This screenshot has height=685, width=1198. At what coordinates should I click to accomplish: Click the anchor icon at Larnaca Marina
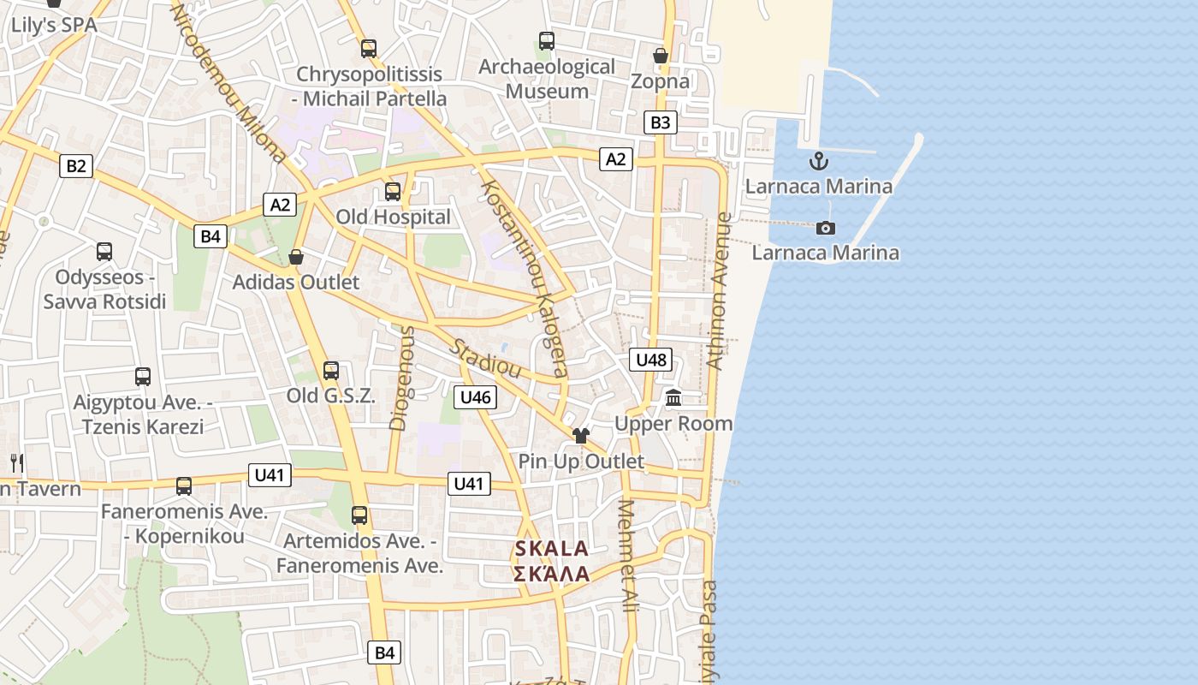(x=819, y=160)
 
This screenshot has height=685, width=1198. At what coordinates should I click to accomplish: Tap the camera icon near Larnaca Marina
(x=826, y=228)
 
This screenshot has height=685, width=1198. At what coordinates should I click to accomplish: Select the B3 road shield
(x=660, y=122)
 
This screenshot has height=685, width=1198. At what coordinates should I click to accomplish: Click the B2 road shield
(x=76, y=165)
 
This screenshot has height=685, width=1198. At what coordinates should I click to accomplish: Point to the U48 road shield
(x=650, y=360)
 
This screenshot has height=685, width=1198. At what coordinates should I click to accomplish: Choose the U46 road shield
(x=475, y=396)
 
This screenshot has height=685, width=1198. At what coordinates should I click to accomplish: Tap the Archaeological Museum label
(x=547, y=79)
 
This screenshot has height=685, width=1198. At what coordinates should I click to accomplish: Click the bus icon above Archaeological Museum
(x=547, y=40)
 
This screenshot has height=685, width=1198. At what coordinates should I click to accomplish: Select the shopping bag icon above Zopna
(x=661, y=56)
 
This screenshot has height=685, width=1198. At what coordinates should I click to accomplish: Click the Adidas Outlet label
(x=296, y=282)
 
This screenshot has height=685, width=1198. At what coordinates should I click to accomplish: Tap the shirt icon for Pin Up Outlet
(x=581, y=436)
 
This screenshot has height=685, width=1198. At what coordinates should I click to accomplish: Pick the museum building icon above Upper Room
(x=673, y=398)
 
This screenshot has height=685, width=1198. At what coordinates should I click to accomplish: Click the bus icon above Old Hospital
(x=393, y=192)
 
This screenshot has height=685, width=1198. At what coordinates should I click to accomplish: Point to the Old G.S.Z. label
(x=330, y=396)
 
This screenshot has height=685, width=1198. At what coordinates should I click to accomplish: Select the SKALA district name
(x=552, y=549)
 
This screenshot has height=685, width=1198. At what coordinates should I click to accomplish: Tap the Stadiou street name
(x=486, y=359)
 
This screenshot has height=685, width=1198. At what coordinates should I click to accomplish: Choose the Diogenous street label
(x=400, y=377)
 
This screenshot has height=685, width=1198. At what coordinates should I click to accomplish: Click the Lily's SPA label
(x=54, y=25)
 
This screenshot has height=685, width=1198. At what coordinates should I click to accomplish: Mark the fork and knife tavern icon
(x=16, y=463)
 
